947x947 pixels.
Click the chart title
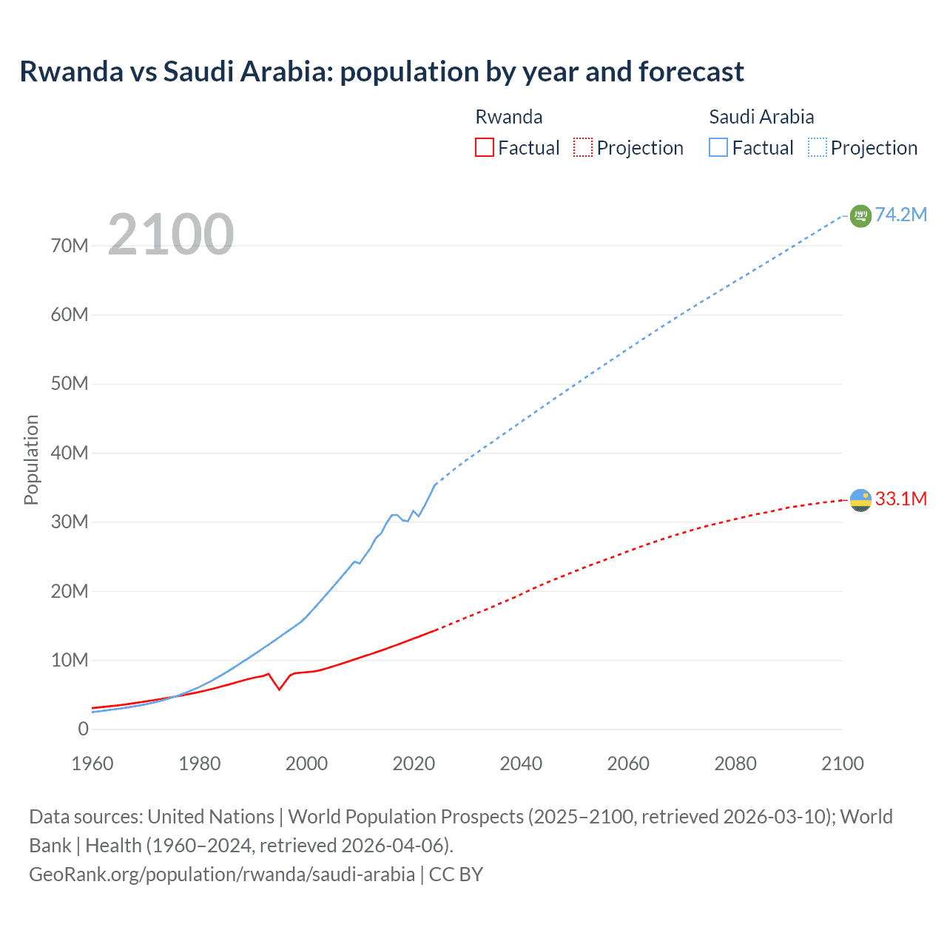(x=382, y=72)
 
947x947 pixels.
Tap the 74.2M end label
(x=900, y=215)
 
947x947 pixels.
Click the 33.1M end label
(x=900, y=499)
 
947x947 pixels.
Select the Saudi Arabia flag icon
(x=860, y=215)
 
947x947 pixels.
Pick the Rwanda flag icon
(x=860, y=500)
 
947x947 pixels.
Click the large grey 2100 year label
(x=171, y=235)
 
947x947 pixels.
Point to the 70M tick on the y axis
(x=70, y=246)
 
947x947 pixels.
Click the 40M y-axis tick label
(x=70, y=453)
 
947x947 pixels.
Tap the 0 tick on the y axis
(x=83, y=729)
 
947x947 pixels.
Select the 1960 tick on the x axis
(x=92, y=764)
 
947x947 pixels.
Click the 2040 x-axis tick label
(x=521, y=764)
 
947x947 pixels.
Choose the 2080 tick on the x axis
(x=735, y=764)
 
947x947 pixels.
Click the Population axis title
(x=31, y=459)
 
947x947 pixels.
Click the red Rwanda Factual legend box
(x=484, y=147)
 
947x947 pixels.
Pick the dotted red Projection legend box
(x=583, y=147)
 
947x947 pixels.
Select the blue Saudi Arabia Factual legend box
(x=718, y=147)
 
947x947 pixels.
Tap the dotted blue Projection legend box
(x=818, y=147)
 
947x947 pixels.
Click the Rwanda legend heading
(x=508, y=117)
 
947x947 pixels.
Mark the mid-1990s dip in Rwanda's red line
(x=279, y=689)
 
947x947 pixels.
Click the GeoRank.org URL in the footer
(x=222, y=874)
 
